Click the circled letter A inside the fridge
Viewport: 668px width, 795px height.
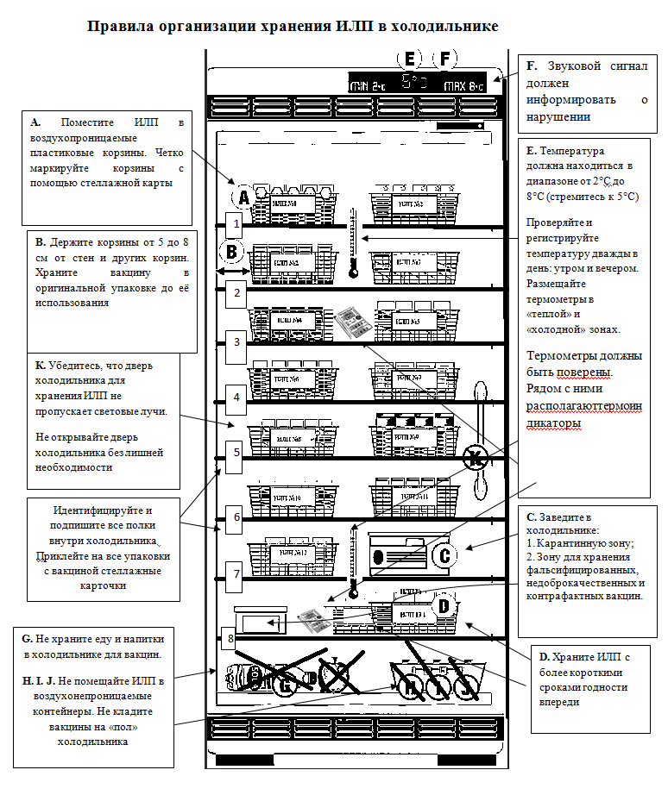click(244, 197)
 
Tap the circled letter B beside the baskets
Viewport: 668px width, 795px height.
click(231, 252)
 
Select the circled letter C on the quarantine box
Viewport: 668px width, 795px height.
click(444, 555)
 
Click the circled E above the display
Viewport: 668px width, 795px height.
click(409, 59)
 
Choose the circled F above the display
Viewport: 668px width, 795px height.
click(445, 59)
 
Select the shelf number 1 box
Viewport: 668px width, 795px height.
click(236, 223)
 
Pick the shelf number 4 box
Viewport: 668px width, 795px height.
click(236, 397)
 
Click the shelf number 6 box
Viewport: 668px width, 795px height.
click(236, 517)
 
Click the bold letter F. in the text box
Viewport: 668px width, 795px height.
click(532, 66)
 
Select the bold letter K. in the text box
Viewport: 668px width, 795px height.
click(41, 366)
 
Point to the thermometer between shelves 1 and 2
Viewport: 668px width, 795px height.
click(353, 241)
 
